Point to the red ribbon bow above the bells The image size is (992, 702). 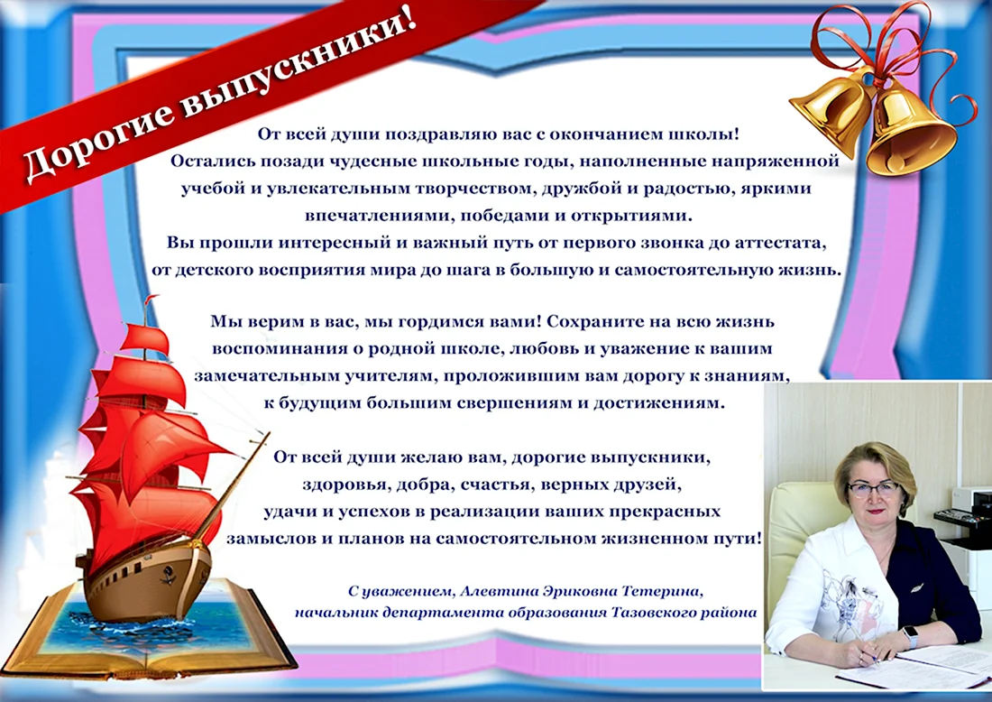pos(886,44)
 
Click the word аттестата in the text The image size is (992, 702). pos(785,243)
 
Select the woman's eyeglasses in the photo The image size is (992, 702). pos(874,488)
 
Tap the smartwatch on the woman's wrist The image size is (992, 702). pos(911,635)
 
